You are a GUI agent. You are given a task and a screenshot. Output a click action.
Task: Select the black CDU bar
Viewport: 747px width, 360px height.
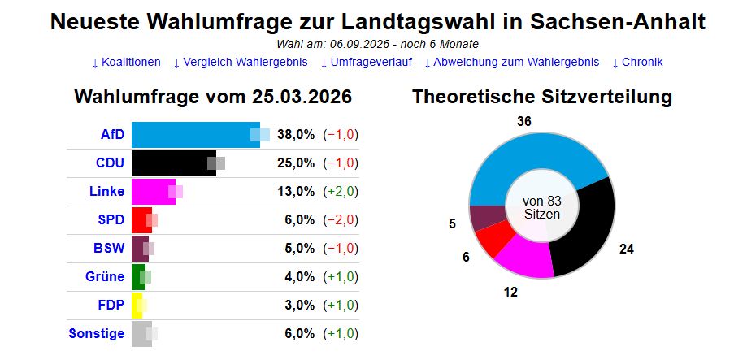point(173,163)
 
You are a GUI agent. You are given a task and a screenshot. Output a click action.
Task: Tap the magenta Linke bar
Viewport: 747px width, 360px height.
point(153,191)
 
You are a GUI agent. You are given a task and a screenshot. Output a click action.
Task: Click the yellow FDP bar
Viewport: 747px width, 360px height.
point(137,305)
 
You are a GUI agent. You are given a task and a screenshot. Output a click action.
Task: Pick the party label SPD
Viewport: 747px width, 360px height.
point(111,219)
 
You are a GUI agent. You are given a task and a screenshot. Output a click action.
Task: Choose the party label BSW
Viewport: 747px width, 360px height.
point(110,248)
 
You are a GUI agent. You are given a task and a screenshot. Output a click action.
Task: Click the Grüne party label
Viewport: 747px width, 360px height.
point(105,276)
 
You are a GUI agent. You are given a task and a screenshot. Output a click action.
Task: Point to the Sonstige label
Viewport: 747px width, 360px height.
point(97,333)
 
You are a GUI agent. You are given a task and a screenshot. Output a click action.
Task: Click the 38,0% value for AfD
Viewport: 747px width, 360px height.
point(296,134)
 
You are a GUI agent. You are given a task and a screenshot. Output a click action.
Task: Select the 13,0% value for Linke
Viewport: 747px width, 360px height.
point(296,191)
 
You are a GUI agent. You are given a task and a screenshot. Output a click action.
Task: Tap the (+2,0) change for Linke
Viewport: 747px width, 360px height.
point(341,191)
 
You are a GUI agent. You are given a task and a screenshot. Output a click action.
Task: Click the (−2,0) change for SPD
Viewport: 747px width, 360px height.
point(341,219)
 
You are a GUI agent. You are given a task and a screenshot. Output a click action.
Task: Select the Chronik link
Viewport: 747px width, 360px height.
point(637,62)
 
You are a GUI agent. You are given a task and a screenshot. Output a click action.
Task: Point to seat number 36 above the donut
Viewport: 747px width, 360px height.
point(523,121)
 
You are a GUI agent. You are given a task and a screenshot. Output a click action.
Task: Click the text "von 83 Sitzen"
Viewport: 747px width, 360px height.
point(541,206)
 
